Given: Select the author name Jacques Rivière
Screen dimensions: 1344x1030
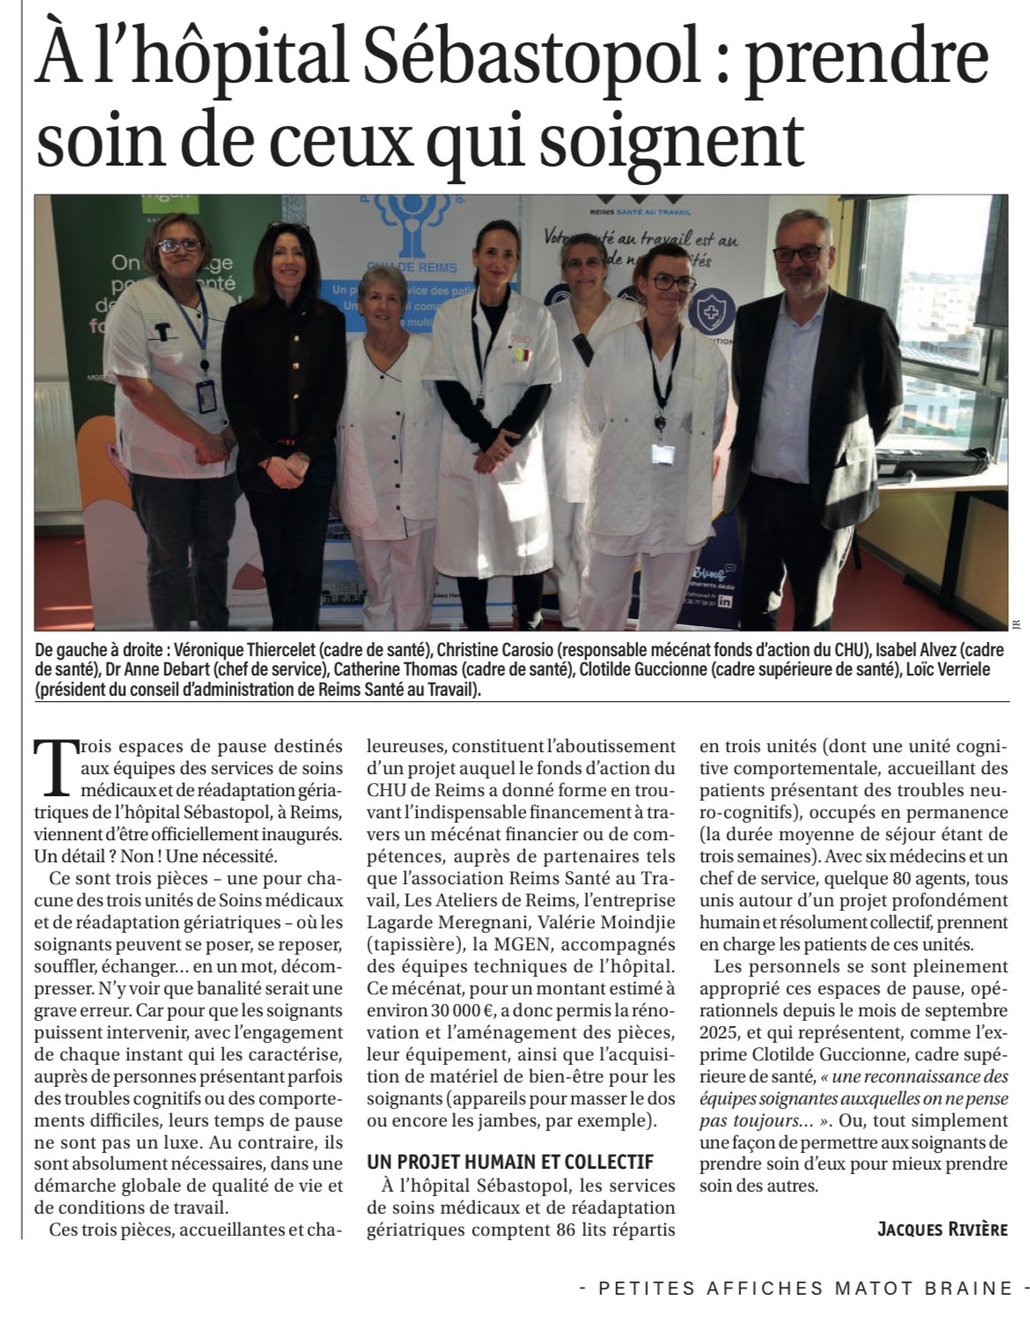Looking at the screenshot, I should tap(941, 1228).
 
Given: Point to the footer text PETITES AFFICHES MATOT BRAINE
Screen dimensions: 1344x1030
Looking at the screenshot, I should tap(805, 1288).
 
